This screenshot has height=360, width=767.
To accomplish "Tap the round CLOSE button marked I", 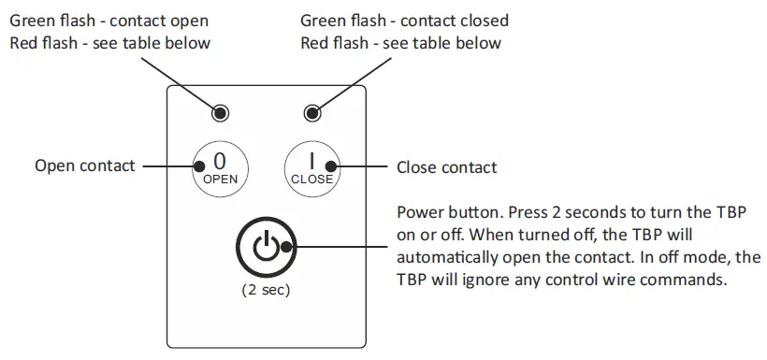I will tap(311, 167).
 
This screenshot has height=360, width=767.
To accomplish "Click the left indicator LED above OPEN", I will tap(221, 114).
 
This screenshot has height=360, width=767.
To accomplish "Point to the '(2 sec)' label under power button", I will tap(266, 290).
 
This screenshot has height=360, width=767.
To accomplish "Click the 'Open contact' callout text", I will tap(84, 167).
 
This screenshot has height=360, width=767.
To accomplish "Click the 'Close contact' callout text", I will tap(446, 168).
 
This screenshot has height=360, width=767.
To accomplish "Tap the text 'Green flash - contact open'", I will tap(109, 21).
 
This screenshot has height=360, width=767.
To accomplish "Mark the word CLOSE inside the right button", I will tap(311, 180).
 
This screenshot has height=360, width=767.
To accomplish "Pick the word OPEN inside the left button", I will tap(221, 179).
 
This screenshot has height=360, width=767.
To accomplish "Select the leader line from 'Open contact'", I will tap(168, 167).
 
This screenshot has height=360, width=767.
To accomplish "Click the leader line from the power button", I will tap(341, 249).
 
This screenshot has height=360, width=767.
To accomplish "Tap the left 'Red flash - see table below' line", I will tap(110, 43).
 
